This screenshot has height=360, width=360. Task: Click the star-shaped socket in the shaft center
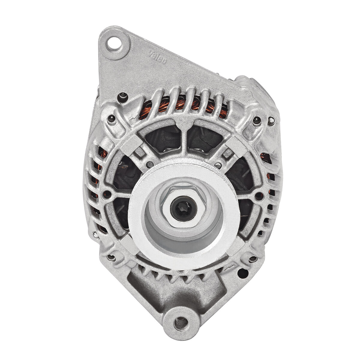tap(183, 208)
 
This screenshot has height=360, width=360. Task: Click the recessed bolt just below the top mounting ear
tap(122, 96)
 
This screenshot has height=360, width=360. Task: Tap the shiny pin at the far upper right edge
tap(271, 121)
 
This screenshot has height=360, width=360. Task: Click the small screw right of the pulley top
tap(219, 164)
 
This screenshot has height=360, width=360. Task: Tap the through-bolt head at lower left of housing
tap(111, 257)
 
